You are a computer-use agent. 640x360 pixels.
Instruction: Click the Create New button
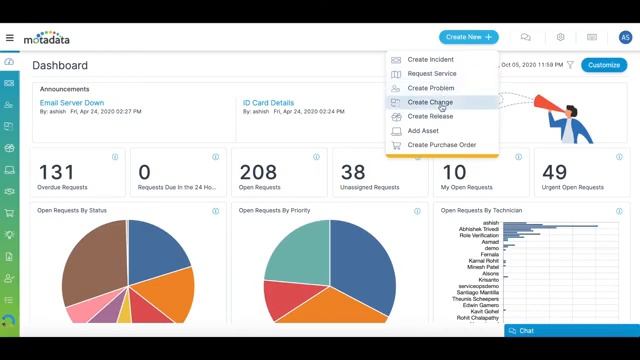tap(468, 37)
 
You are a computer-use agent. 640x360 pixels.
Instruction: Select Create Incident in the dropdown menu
tap(430, 60)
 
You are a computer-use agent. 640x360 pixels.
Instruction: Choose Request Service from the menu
tap(431, 74)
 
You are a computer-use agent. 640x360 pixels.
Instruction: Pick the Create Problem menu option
tap(430, 88)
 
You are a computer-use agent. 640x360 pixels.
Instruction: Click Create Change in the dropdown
tap(429, 102)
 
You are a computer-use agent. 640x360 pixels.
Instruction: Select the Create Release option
tap(430, 116)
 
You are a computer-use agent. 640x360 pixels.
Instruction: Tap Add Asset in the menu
tap(422, 130)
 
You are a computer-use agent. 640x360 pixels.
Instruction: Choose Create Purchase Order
tap(441, 145)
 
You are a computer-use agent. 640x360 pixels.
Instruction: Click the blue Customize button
tap(604, 65)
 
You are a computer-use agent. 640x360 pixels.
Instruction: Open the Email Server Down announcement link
tap(71, 102)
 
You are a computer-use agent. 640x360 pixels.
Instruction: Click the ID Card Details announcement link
tap(268, 102)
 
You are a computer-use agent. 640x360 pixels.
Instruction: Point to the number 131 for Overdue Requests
tap(56, 172)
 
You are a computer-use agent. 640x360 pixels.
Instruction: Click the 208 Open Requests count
tap(258, 172)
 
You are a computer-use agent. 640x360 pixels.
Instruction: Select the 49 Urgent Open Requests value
tap(554, 172)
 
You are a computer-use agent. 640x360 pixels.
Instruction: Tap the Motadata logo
tap(47, 38)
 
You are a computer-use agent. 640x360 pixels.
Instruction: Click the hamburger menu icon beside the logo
tap(10, 38)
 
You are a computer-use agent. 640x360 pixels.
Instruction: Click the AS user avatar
tap(625, 37)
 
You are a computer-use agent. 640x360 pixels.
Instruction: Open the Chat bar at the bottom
tap(570, 330)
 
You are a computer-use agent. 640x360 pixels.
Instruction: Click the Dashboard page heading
tap(60, 65)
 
